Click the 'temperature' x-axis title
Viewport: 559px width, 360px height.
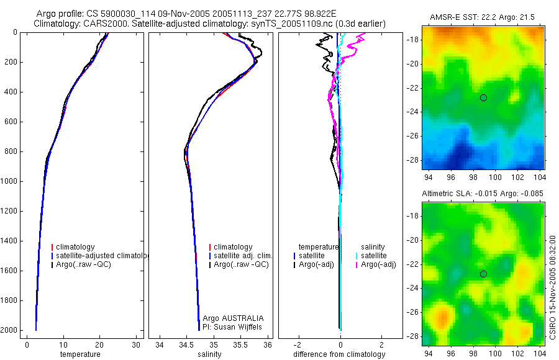80,354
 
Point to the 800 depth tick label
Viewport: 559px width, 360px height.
11,151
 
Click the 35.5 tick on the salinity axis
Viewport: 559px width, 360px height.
240,344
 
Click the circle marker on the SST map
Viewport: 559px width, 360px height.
483,98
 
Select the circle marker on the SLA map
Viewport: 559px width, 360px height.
483,274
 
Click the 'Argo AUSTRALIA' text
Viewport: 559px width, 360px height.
229,318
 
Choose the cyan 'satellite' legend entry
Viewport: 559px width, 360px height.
375,256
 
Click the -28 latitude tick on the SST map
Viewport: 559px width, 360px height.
412,160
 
